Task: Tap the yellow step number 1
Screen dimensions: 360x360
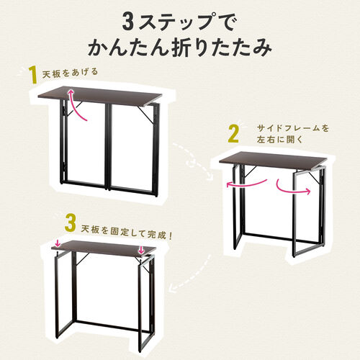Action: point(32,73)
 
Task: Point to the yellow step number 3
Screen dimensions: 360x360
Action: point(70,222)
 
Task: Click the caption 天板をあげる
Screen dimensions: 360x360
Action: point(70,73)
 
